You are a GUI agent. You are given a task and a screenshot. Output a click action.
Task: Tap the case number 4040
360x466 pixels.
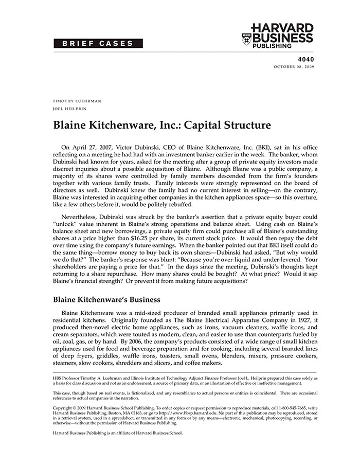click(x=305, y=59)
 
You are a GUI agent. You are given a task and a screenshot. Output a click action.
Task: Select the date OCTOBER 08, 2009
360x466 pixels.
click(x=294, y=67)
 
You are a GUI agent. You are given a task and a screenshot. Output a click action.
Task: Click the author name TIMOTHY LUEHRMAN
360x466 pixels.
click(x=77, y=101)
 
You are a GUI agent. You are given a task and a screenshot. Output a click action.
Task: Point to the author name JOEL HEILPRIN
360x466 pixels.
click(x=70, y=109)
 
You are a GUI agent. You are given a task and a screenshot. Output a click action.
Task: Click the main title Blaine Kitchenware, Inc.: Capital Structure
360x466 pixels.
click(x=161, y=125)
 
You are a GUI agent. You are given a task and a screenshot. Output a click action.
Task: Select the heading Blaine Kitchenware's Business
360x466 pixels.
click(x=106, y=299)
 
